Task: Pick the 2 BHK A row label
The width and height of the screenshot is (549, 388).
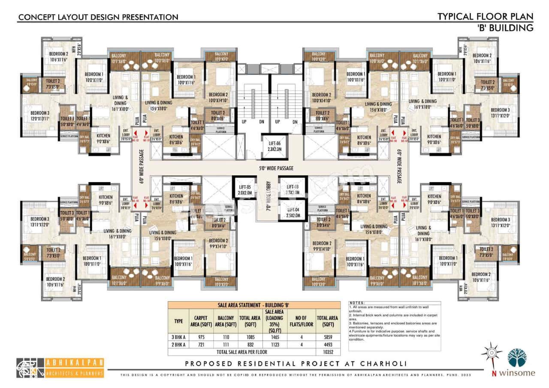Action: tap(178, 344)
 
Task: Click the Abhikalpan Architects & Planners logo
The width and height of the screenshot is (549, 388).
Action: tap(60, 368)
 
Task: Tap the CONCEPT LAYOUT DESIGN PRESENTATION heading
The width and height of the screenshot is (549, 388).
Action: tap(98, 17)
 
